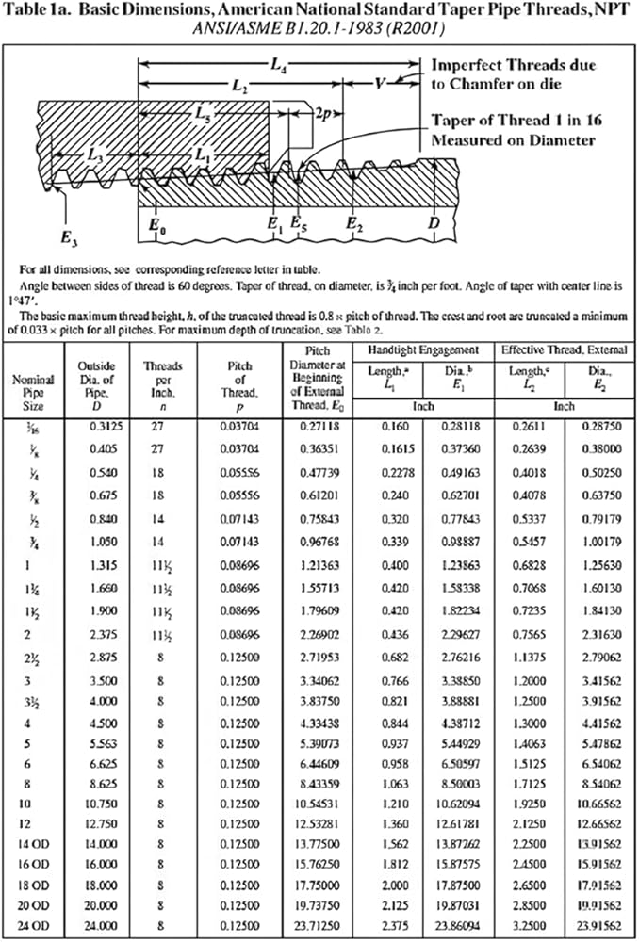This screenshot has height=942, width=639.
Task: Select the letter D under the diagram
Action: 434,224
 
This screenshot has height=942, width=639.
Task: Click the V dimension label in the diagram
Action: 380,85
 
